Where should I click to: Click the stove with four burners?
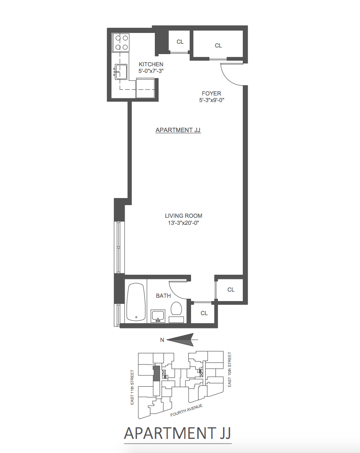(x=122, y=42)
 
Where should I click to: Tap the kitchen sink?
(x=121, y=72)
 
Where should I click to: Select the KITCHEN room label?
(x=151, y=64)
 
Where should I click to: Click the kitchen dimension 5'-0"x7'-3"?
(x=151, y=71)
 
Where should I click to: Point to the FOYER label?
(x=211, y=94)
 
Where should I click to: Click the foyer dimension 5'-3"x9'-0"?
(x=211, y=100)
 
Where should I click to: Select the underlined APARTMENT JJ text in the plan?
(x=178, y=130)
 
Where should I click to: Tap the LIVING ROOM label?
(x=187, y=216)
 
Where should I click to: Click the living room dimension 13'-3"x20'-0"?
(x=187, y=223)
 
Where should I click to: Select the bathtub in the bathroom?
(x=136, y=302)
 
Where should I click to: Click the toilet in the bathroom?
(x=176, y=310)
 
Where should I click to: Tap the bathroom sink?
(x=158, y=316)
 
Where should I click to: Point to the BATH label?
(x=163, y=296)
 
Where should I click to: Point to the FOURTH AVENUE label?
(x=186, y=411)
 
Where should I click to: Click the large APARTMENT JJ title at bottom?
(x=177, y=433)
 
